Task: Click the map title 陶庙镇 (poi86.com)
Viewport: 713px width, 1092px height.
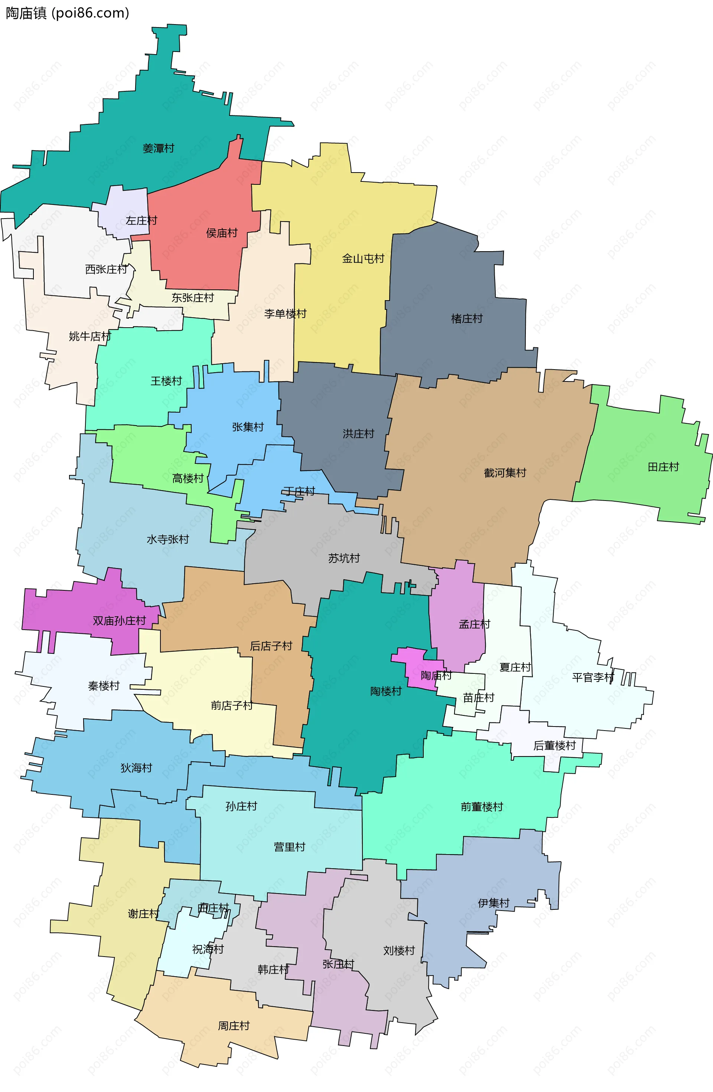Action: pos(68,13)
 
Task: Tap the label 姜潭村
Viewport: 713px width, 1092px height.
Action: pos(159,148)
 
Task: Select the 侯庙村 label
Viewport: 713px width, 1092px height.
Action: pos(222,233)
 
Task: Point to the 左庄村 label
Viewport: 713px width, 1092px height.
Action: pos(141,221)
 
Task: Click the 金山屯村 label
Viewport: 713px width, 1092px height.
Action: pos(363,259)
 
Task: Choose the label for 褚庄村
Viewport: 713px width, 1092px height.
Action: pos(467,318)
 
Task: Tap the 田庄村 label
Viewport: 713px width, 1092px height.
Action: pos(663,467)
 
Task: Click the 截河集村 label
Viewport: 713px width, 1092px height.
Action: pos(505,473)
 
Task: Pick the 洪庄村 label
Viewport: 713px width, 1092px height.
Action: pos(358,434)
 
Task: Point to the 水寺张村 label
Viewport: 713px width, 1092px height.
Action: pos(167,539)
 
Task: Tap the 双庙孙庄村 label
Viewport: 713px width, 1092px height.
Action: pos(119,621)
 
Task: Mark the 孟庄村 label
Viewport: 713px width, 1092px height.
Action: pos(474,624)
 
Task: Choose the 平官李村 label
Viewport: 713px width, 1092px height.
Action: pos(593,677)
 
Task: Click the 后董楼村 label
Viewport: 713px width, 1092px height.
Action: pos(554,745)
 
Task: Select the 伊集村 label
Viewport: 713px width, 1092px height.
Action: pos(494,903)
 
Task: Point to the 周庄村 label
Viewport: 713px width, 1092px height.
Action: pos(234,1026)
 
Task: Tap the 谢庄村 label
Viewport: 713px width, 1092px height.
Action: pos(143,914)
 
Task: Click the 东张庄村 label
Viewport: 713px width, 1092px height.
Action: pos(193,298)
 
